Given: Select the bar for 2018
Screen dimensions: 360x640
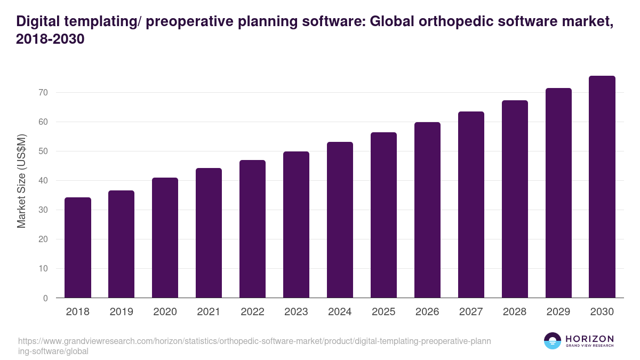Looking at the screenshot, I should pyautogui.click(x=78, y=248).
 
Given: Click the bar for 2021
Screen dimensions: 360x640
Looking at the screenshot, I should pyautogui.click(x=209, y=233).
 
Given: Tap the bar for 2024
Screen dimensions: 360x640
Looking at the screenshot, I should pyautogui.click(x=340, y=220).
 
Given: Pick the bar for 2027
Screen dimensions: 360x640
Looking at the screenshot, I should pyautogui.click(x=471, y=205).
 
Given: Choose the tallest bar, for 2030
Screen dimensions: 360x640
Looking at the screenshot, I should pyautogui.click(x=602, y=187).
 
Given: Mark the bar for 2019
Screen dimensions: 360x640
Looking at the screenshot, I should pyautogui.click(x=122, y=244).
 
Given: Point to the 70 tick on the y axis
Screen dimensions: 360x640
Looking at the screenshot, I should pyautogui.click(x=43, y=93).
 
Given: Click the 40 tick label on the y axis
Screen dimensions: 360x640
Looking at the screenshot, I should pyautogui.click(x=43, y=181).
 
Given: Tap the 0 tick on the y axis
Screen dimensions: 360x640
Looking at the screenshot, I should pyautogui.click(x=45, y=298).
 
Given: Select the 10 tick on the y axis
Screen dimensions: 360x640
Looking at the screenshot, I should pyautogui.click(x=43, y=269).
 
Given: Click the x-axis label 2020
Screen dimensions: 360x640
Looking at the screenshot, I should pyautogui.click(x=165, y=312).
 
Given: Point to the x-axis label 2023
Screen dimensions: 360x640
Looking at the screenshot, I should pyautogui.click(x=297, y=312).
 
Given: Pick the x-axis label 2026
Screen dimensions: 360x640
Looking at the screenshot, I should pyautogui.click(x=428, y=312).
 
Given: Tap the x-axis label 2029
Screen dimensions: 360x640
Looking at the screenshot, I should pyautogui.click(x=558, y=312).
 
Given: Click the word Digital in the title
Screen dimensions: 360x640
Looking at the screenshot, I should pyautogui.click(x=37, y=22).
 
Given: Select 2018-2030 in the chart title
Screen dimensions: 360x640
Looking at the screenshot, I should pyautogui.click(x=51, y=40).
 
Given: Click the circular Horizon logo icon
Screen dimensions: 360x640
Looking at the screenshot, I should pyautogui.click(x=553, y=341).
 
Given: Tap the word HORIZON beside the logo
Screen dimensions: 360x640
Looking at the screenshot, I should pyautogui.click(x=589, y=339).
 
